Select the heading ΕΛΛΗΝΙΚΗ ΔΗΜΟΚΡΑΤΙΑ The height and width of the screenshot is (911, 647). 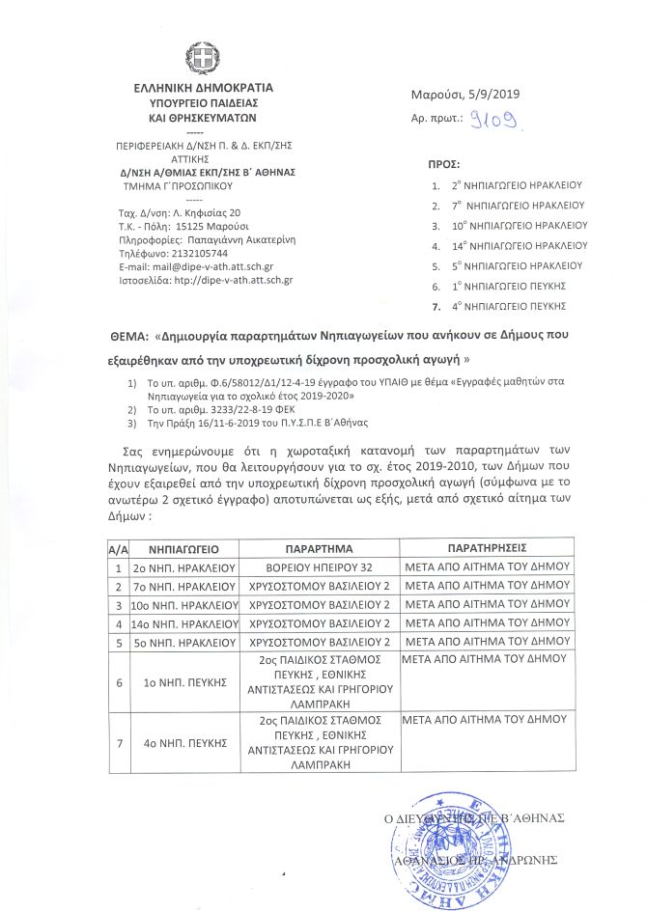coord(204,87)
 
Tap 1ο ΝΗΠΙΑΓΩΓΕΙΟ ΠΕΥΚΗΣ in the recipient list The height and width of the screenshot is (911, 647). coord(512,286)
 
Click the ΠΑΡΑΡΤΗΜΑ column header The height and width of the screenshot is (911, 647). coord(318,547)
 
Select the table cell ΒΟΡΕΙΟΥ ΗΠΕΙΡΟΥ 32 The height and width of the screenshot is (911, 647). coord(318,567)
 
